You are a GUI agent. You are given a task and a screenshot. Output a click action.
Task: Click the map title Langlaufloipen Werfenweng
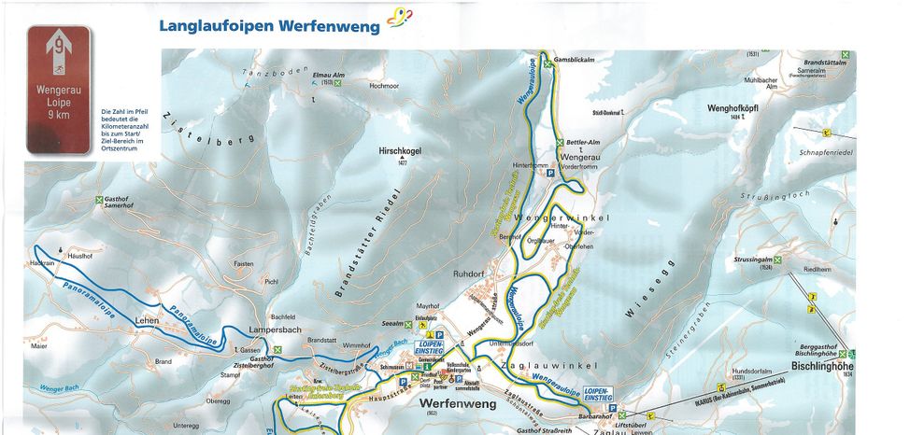[x=269, y=26]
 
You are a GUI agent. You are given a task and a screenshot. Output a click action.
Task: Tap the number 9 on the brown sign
[x=59, y=43]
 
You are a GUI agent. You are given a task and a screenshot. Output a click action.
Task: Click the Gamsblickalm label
[x=575, y=58]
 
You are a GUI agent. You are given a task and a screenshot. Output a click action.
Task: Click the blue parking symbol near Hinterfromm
[x=550, y=173]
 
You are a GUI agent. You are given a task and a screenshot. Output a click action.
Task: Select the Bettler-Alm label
[x=582, y=142]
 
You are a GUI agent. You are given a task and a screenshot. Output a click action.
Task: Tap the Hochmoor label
[x=384, y=85]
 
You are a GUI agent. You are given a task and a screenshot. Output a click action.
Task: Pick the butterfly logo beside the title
[x=399, y=18]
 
